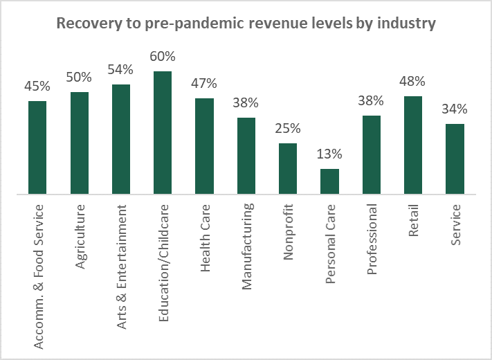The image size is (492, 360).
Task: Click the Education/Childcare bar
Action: [x=163, y=133]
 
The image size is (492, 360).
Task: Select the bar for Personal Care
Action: [x=329, y=181]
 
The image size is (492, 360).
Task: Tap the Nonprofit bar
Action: [x=288, y=168]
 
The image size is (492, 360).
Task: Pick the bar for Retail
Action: [x=413, y=145]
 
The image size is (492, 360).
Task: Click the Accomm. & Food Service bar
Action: [x=37, y=147]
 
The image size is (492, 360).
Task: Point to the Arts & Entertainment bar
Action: [x=121, y=139]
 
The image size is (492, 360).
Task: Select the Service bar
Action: [x=455, y=159]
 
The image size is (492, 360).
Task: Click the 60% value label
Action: [x=163, y=57]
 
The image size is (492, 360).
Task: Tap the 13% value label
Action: [x=329, y=154]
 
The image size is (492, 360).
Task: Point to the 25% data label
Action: [x=288, y=128]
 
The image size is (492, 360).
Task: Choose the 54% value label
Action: [x=120, y=70]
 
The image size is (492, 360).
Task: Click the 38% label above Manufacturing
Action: [x=246, y=102]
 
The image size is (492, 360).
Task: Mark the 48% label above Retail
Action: [x=412, y=81]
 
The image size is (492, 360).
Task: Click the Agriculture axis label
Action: [x=80, y=236]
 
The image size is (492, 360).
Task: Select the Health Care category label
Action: [x=205, y=238]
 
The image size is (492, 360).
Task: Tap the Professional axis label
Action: [x=372, y=239]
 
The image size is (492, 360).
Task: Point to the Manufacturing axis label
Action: [x=247, y=246]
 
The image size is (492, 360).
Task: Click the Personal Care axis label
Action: [x=330, y=244]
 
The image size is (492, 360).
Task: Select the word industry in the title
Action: [x=406, y=24]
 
